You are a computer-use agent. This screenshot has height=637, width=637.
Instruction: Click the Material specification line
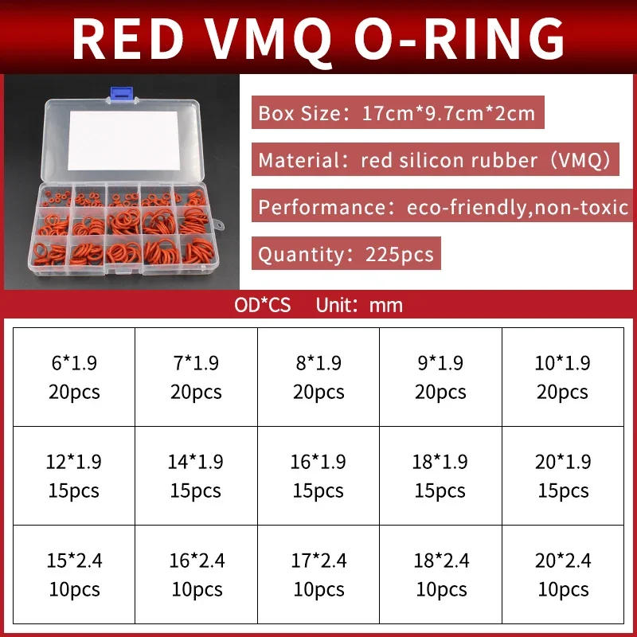click(434, 160)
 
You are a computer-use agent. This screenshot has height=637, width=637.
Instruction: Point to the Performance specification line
click(442, 207)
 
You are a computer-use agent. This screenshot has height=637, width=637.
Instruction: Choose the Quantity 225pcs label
click(346, 254)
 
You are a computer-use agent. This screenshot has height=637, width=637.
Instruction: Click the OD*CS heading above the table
click(263, 305)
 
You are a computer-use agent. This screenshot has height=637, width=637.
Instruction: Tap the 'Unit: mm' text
click(359, 305)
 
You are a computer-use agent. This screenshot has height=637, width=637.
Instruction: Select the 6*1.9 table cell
click(74, 377)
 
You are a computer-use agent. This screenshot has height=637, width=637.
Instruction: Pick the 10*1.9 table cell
click(562, 377)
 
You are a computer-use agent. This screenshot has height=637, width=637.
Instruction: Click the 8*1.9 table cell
click(318, 377)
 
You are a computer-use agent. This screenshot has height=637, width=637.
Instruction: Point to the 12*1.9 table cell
click(74, 475)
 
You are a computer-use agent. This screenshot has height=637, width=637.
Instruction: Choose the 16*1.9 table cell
click(318, 475)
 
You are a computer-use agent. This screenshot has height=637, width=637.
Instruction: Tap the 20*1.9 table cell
click(562, 475)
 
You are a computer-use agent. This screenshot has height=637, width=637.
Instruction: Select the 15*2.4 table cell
click(74, 574)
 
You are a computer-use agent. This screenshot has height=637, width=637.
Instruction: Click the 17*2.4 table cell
click(318, 574)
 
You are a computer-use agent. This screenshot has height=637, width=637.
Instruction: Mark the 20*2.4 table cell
click(562, 574)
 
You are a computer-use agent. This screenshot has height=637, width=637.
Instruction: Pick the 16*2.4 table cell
click(196, 574)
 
